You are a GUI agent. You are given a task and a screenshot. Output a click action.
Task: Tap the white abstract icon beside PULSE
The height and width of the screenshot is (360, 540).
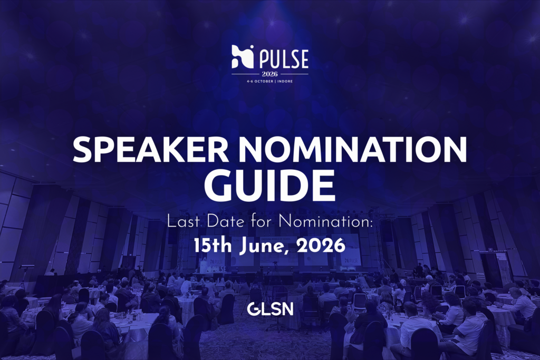(243, 57)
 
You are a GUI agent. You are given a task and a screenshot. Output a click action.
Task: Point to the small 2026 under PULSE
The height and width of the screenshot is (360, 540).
(270, 74)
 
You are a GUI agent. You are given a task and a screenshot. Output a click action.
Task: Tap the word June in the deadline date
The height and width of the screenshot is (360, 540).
(263, 245)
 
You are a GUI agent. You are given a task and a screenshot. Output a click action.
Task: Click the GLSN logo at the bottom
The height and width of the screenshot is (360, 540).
(270, 309)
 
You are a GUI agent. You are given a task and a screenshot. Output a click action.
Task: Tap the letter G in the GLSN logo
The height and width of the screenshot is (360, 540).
(253, 309)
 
